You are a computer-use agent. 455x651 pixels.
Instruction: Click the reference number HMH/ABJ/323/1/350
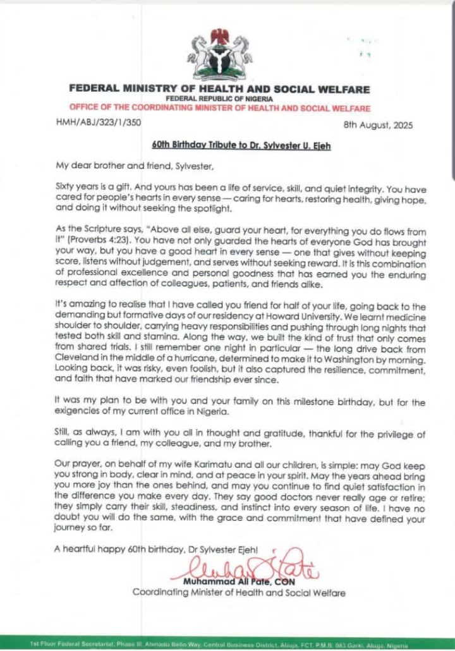tap(97, 123)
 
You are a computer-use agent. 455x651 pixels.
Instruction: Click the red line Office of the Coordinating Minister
tap(220, 109)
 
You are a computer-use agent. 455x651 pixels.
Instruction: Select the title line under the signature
tap(238, 592)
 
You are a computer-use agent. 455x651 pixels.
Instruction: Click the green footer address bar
tap(227, 643)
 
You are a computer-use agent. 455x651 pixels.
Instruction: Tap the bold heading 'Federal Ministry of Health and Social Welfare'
tap(220, 90)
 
